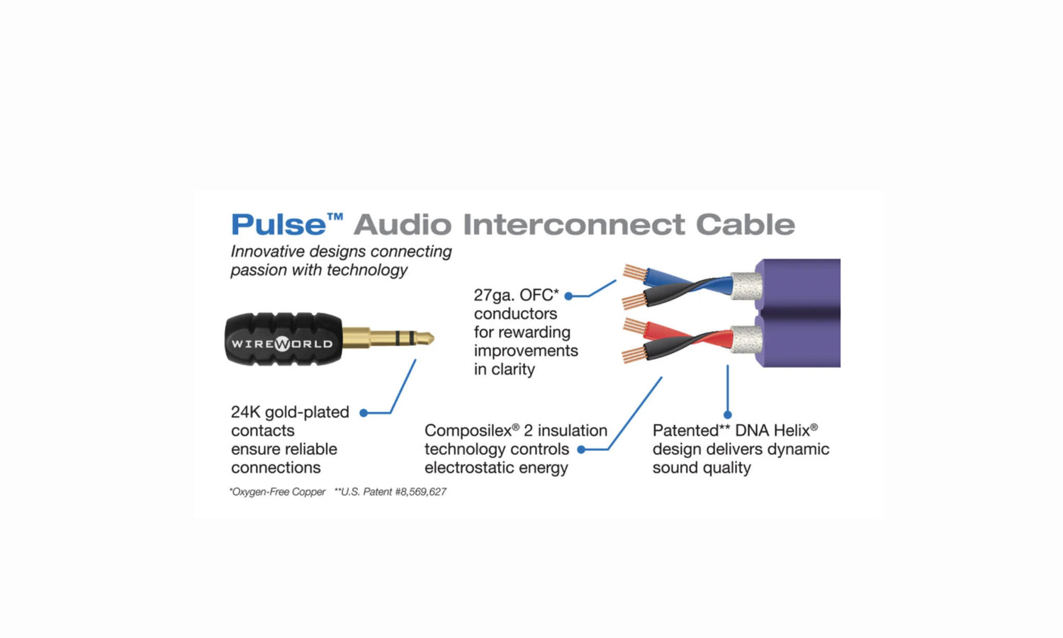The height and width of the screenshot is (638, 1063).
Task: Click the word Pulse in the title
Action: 278,225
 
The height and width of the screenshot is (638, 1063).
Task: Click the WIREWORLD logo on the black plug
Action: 282,343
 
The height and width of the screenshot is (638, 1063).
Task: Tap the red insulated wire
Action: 688,335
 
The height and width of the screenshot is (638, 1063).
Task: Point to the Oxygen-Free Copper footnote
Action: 278,492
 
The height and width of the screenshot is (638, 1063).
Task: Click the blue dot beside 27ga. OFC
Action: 568,296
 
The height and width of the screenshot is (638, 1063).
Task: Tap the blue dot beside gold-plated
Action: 364,413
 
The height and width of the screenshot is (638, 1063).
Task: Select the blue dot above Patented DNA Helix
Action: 728,415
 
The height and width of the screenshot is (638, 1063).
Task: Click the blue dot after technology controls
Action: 581,449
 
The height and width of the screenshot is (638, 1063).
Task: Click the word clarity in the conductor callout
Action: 515,369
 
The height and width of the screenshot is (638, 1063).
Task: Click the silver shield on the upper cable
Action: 746,286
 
